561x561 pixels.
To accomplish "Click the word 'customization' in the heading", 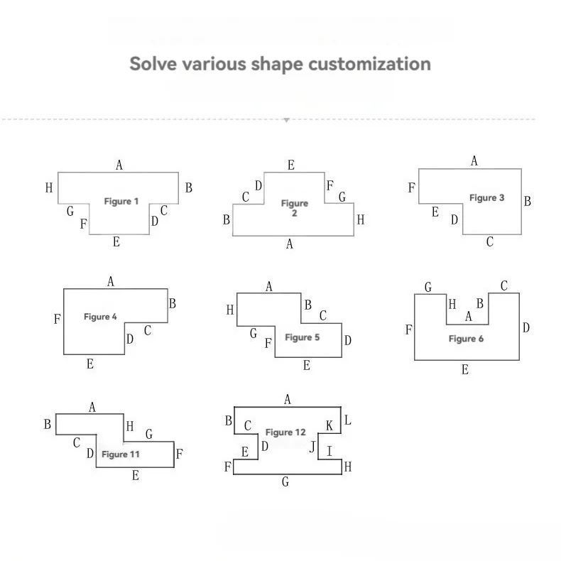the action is pyautogui.click(x=369, y=64).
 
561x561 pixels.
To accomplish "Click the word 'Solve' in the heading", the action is pyautogui.click(x=153, y=64).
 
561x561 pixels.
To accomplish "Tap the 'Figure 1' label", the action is pyautogui.click(x=121, y=202).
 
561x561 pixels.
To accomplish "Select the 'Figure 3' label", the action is pyautogui.click(x=486, y=198).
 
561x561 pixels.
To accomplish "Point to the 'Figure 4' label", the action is pyautogui.click(x=100, y=317).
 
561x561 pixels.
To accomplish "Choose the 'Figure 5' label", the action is pyautogui.click(x=302, y=337).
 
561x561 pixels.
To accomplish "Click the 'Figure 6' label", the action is pyautogui.click(x=466, y=339).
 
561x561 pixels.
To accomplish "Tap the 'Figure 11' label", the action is pyautogui.click(x=120, y=454).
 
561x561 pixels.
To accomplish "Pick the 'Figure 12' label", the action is pyautogui.click(x=285, y=432).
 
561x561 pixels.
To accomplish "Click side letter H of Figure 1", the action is pyautogui.click(x=49, y=188).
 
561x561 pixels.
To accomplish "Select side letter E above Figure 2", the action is pyautogui.click(x=291, y=165).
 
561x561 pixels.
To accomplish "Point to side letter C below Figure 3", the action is pyautogui.click(x=489, y=243).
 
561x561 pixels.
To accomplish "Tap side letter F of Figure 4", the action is pyautogui.click(x=57, y=320).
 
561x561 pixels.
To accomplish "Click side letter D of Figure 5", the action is pyautogui.click(x=348, y=341).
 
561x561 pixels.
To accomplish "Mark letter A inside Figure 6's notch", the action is pyautogui.click(x=468, y=317).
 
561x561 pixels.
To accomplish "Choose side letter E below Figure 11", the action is pyautogui.click(x=135, y=476).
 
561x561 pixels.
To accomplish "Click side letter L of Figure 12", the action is pyautogui.click(x=347, y=420).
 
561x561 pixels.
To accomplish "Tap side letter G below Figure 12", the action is pyautogui.click(x=285, y=482).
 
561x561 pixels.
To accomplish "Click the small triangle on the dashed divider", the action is pyautogui.click(x=286, y=120).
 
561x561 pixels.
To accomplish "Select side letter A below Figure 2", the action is pyautogui.click(x=289, y=244).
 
